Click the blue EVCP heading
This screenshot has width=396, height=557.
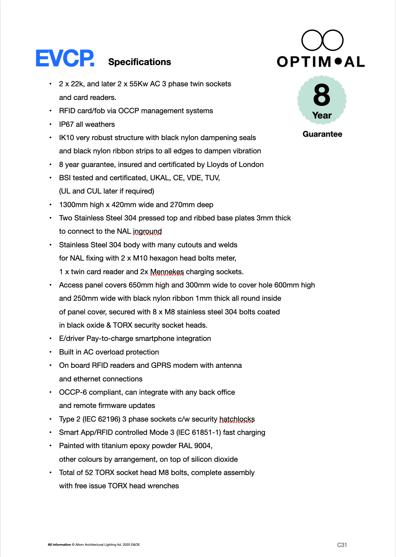(x=65, y=58)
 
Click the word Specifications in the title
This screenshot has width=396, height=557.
(x=140, y=62)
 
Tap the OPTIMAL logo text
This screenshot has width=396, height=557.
(x=321, y=62)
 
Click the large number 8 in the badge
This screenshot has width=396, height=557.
(x=322, y=95)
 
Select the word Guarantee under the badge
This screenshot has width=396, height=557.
(x=322, y=134)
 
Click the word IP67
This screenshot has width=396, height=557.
(x=66, y=124)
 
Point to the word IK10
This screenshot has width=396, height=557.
(x=66, y=138)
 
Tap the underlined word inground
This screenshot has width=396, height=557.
(x=147, y=231)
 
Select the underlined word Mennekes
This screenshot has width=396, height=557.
(x=167, y=272)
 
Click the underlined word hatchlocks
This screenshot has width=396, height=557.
(x=237, y=419)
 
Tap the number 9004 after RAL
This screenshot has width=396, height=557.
(x=203, y=446)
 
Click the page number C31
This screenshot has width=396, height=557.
(x=342, y=545)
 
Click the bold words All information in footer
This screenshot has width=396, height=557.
(x=59, y=545)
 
